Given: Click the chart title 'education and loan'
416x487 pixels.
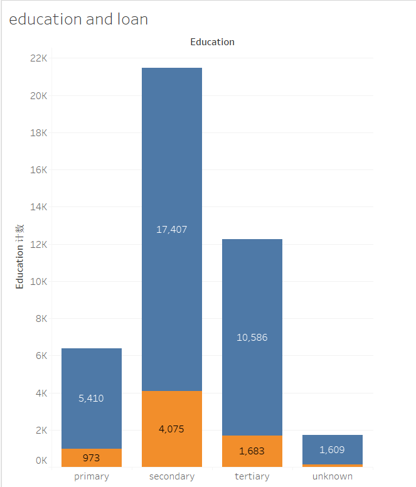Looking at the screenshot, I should pyautogui.click(x=78, y=19).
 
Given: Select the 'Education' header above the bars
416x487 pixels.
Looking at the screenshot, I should pyautogui.click(x=212, y=42).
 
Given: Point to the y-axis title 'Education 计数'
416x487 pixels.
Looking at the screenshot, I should pyautogui.click(x=20, y=256).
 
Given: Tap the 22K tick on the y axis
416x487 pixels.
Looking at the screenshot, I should pyautogui.click(x=39, y=58).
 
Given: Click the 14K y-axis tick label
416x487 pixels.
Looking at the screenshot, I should pyautogui.click(x=39, y=207).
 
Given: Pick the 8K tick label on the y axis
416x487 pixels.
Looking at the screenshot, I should pyautogui.click(x=41, y=319).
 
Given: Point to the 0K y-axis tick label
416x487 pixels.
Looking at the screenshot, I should pyautogui.click(x=41, y=461).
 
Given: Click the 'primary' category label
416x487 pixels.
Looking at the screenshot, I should pyautogui.click(x=92, y=476).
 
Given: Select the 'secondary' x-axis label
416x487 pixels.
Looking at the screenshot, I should pyautogui.click(x=172, y=476).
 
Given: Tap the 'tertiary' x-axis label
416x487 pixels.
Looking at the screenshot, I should pyautogui.click(x=252, y=476).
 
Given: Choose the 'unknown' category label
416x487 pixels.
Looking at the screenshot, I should pyautogui.click(x=333, y=476).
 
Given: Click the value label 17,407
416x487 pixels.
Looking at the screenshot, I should pyautogui.click(x=172, y=230).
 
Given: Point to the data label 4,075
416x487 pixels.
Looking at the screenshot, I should pyautogui.click(x=172, y=429).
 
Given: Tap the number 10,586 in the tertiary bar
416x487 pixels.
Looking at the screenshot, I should pyautogui.click(x=252, y=338).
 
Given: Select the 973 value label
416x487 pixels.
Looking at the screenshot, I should pyautogui.click(x=92, y=458).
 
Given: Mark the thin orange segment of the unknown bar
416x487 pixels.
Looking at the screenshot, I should pyautogui.click(x=333, y=466).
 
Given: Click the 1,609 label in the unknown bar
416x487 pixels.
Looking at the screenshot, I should pyautogui.click(x=333, y=450).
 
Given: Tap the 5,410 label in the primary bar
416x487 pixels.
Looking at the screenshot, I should pyautogui.click(x=92, y=399).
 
